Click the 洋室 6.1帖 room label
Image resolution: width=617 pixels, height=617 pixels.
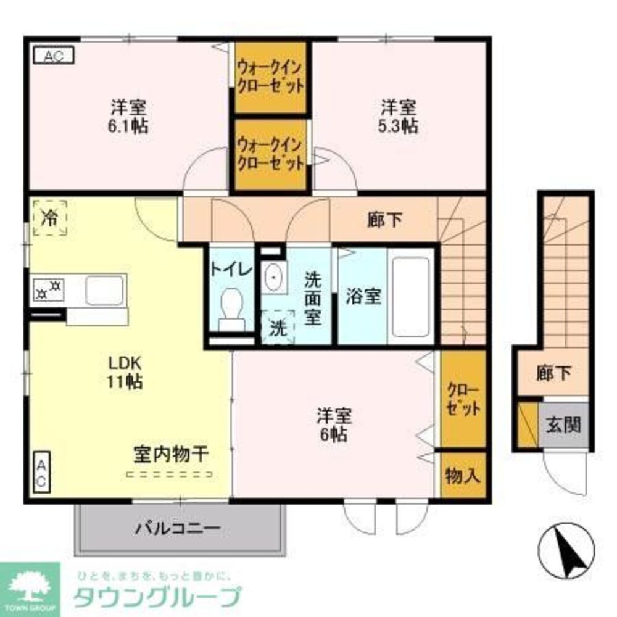click(x=128, y=116)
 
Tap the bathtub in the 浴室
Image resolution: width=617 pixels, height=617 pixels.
click(x=411, y=296)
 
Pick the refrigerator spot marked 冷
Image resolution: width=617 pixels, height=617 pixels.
click(x=49, y=217)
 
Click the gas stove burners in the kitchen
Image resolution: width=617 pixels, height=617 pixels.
click(x=49, y=288)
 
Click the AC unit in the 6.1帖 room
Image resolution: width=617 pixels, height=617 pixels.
click(x=53, y=56)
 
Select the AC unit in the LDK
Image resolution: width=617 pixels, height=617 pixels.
click(x=40, y=473)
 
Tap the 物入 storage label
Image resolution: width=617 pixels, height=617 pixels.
click(x=463, y=476)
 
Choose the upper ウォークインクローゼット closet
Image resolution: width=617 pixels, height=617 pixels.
click(x=271, y=78)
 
